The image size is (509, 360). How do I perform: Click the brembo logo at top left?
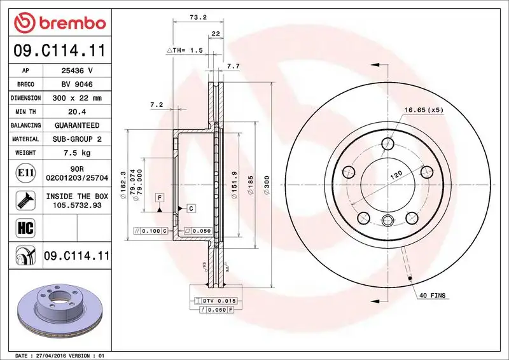[59, 23]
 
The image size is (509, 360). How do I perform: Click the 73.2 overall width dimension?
[197, 17]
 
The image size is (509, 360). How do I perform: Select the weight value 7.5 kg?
[77, 153]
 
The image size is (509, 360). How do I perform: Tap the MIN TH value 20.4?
[77, 112]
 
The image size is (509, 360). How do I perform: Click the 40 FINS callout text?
[433, 296]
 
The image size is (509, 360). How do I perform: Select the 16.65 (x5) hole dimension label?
[423, 110]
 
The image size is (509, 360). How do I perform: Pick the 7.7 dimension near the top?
[233, 66]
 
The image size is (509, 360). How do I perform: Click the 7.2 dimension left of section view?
[157, 104]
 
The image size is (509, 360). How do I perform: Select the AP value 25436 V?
[77, 71]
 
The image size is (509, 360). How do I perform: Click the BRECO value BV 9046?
[77, 84]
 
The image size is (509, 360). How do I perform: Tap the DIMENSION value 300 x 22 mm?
[77, 98]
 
